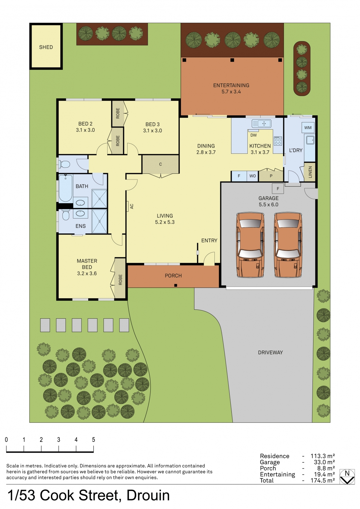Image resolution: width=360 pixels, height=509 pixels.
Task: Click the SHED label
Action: click(x=46, y=47)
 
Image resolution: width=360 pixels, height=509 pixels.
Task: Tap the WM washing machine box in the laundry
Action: click(x=308, y=128)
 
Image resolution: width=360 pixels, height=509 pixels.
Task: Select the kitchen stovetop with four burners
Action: click(x=278, y=141)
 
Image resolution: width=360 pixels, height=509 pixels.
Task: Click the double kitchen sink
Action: click(x=261, y=124)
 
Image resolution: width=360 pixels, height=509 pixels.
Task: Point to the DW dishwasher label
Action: click(x=253, y=135)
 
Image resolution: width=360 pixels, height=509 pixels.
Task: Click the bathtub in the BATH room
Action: click(x=65, y=188)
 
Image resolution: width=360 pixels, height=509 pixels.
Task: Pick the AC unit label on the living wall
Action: click(x=132, y=206)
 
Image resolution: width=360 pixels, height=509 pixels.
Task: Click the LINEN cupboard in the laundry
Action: click(x=310, y=172)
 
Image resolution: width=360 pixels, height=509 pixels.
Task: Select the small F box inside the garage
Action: click(x=278, y=189)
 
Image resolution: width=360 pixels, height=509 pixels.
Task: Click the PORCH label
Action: click(x=173, y=276)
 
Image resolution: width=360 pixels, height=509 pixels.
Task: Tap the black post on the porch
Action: click(x=175, y=285)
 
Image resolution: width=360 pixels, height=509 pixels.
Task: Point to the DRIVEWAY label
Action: click(x=270, y=353)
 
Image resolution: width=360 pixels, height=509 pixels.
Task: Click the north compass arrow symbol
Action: click(x=347, y=480)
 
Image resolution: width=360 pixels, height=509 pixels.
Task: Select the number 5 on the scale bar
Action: click(x=93, y=440)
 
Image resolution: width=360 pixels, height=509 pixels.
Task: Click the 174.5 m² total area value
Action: click(x=323, y=480)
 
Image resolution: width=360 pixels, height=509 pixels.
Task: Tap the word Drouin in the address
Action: click(x=148, y=495)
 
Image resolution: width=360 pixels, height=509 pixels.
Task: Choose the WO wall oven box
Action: click(x=252, y=176)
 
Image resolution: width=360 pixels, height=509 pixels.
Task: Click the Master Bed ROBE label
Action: click(x=120, y=280)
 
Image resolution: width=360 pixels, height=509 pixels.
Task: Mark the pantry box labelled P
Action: click(x=271, y=176)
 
